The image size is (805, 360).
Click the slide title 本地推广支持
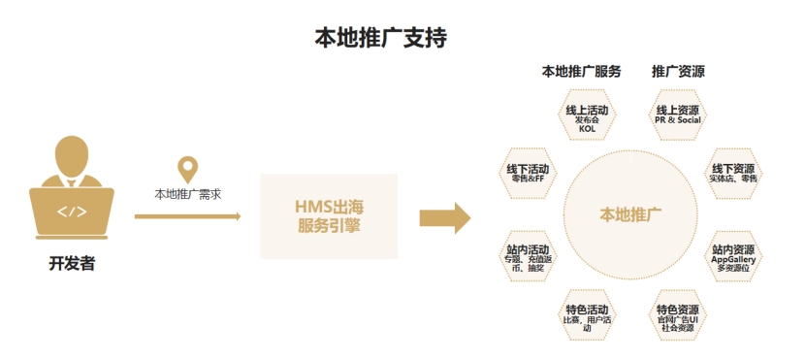click(380, 38)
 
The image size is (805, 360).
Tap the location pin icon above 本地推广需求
click(188, 169)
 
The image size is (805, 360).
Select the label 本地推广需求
click(188, 193)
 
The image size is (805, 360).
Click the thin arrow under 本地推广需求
click(187, 216)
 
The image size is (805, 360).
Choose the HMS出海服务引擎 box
click(329, 216)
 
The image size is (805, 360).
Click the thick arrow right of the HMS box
click(444, 219)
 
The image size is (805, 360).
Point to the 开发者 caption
click(73, 263)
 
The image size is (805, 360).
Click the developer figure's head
click(73, 154)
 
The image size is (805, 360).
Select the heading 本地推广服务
click(581, 72)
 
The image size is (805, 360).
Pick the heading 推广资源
click(678, 72)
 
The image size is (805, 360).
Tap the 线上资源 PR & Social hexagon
click(677, 115)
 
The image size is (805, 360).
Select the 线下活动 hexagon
click(528, 172)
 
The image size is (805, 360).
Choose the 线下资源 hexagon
click(733, 173)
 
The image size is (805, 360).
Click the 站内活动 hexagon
click(528, 256)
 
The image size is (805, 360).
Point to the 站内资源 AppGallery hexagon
click(733, 256)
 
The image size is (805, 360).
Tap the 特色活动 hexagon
click(587, 315)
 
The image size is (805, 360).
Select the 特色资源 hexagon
click(677, 315)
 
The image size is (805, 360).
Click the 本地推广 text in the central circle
click(630, 214)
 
